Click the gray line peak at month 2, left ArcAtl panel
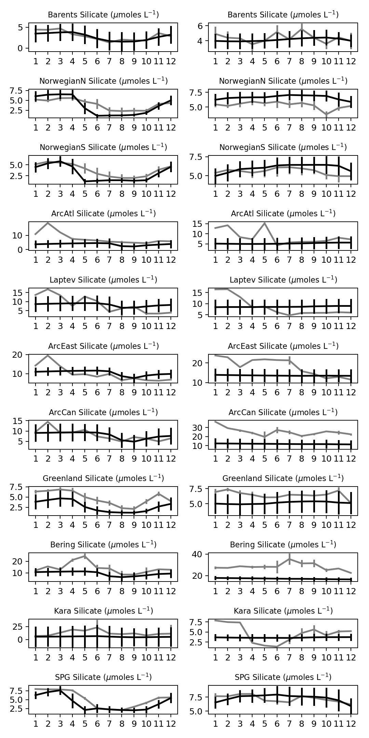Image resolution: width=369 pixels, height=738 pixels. [48, 223]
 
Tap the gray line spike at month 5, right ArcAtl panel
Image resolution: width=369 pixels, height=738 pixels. [264, 223]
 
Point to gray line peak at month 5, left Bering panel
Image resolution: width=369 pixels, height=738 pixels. [85, 556]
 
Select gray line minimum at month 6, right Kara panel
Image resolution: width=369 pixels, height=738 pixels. [277, 647]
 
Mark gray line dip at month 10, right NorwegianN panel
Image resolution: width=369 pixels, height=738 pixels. [326, 115]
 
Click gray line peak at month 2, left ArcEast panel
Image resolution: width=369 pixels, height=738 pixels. [48, 355]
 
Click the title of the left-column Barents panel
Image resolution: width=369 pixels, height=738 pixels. [103, 15]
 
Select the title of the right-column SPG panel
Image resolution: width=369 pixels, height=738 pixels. [283, 677]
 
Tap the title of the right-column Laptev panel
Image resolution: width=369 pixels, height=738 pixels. [283, 280]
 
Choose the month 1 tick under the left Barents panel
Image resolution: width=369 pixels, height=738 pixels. [36, 61]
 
